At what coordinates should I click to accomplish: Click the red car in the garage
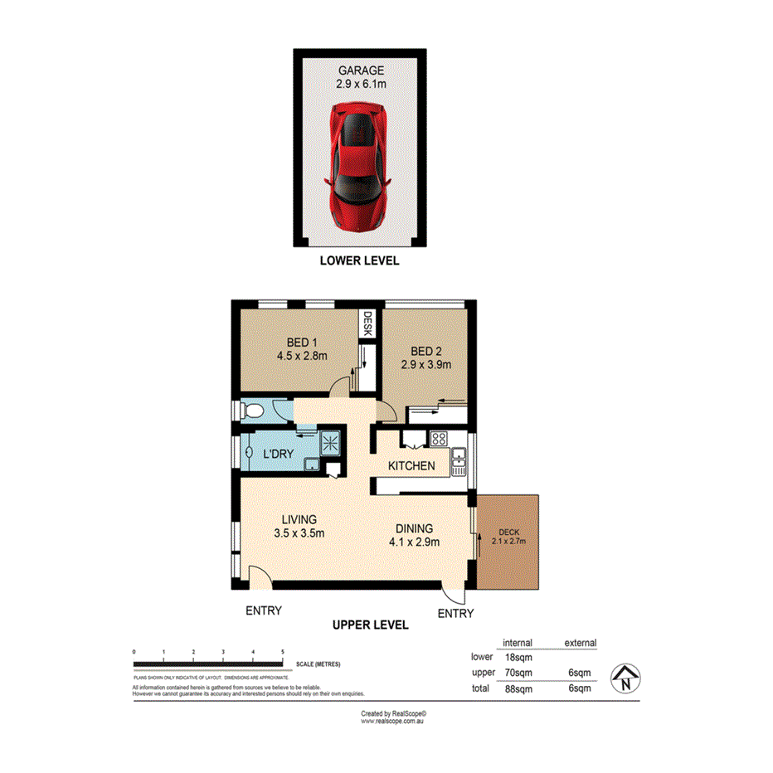pos(359,166)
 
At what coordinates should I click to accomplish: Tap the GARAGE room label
pos(360,70)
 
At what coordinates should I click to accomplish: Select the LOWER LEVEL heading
pos(360,260)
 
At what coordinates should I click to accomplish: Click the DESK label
pos(367,323)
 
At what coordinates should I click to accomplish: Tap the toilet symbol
pos(252,410)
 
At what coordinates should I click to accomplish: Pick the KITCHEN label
pos(412,466)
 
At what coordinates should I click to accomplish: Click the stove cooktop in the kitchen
pos(439,439)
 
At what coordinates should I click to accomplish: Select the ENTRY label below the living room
pos(264,610)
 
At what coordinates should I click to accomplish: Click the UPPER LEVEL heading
pos(371,625)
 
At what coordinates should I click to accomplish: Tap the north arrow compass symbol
pos(626,678)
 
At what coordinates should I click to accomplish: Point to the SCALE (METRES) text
pos(318,664)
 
